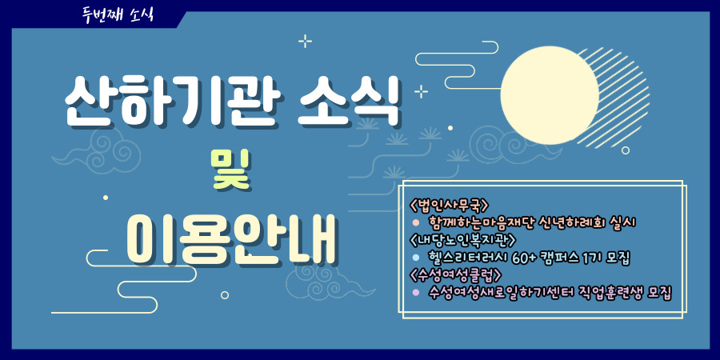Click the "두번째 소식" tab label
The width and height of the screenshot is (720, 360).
tap(118, 14)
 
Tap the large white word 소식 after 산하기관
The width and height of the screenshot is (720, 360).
tap(349, 102)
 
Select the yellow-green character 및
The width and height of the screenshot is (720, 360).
tap(230, 171)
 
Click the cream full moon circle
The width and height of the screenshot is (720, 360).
tap(550, 95)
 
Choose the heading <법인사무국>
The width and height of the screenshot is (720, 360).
tap(449, 204)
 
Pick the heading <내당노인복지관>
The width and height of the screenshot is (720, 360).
tap(463, 240)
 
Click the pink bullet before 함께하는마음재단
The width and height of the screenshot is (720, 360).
tap(416, 222)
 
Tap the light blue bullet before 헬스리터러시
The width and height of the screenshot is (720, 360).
tap(416, 257)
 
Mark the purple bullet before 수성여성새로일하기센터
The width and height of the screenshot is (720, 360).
tap(416, 292)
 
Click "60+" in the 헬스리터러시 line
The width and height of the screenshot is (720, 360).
tap(523, 258)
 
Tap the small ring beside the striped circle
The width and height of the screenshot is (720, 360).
tap(626, 150)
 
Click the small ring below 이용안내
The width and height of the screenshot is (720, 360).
tap(225, 294)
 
